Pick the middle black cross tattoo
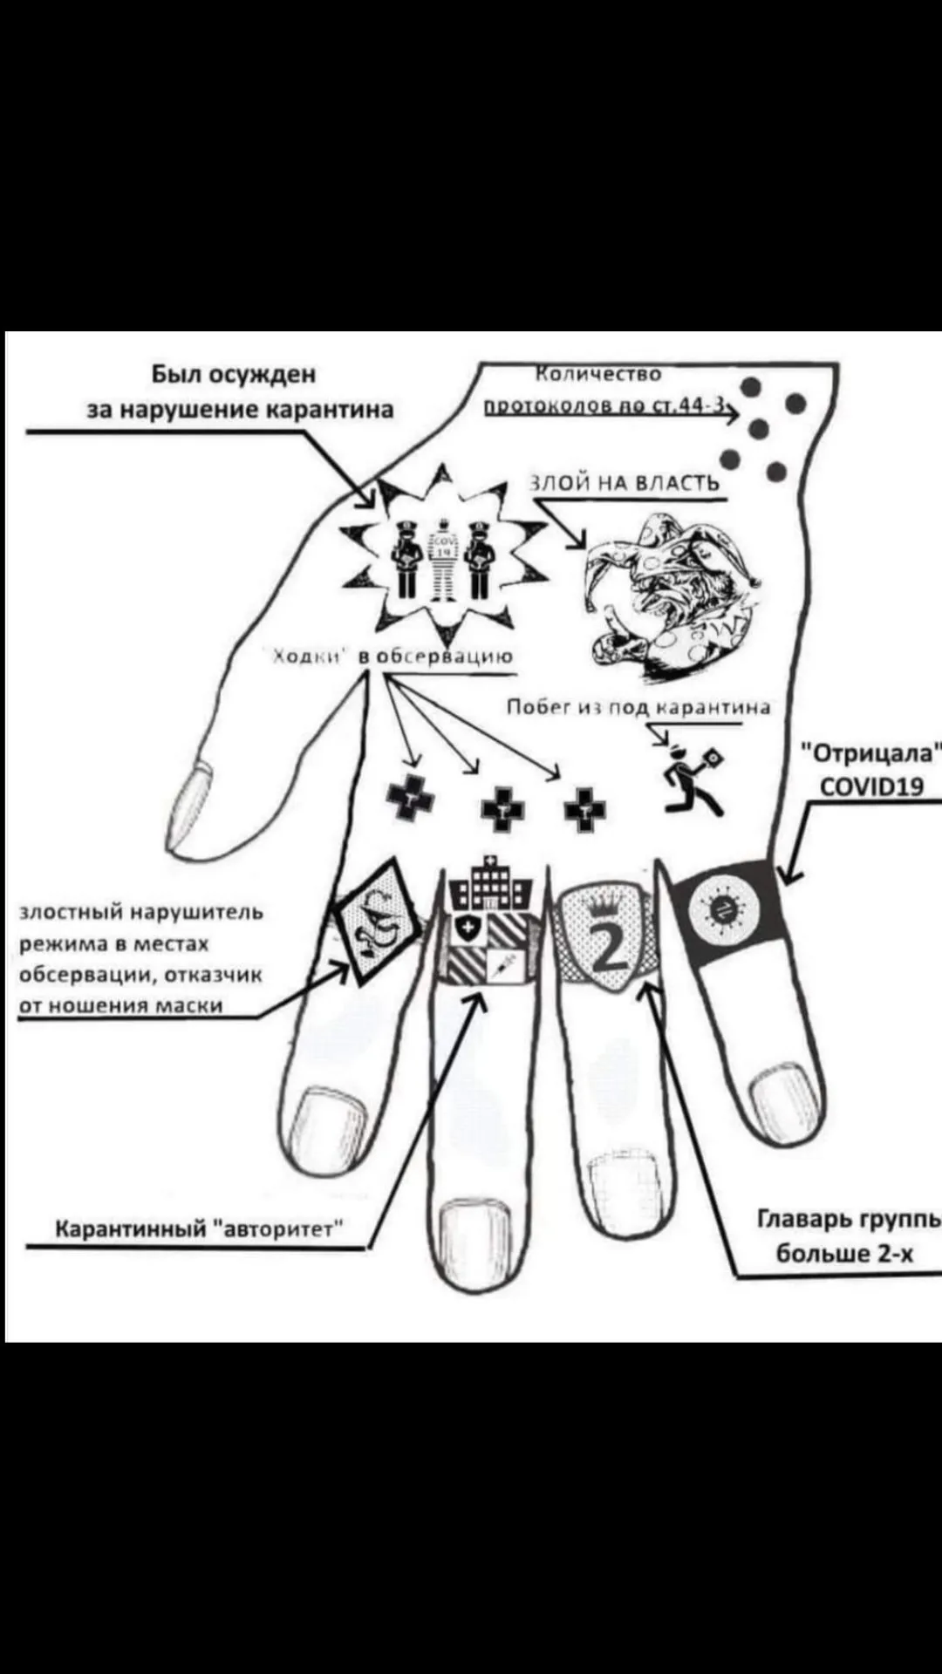pos(503,809)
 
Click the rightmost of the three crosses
pos(584,810)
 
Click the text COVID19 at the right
pos(871,787)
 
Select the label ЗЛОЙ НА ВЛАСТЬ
pos(625,483)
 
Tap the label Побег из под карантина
pos(639,707)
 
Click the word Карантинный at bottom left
pos(131,1229)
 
